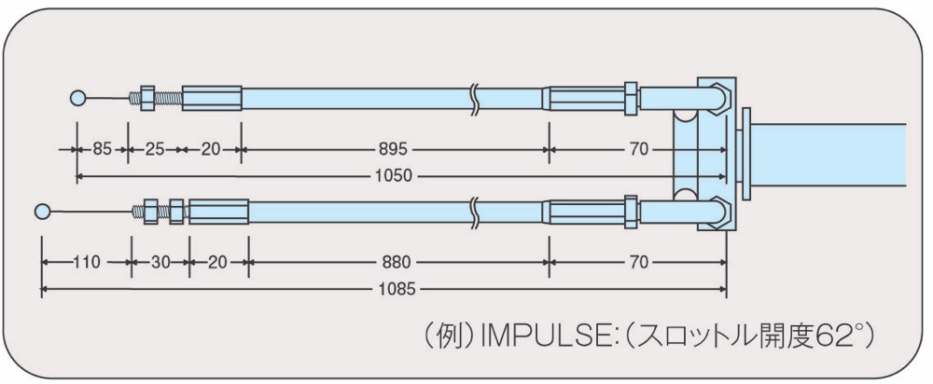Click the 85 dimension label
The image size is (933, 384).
coord(102,148)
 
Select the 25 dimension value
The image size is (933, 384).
coord(155,148)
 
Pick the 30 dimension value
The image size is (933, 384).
coord(160,262)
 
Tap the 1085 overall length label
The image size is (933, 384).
coord(398,290)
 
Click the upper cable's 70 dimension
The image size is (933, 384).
coord(638,148)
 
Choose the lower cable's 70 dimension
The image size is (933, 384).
coord(638,262)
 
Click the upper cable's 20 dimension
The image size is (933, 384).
coord(211,148)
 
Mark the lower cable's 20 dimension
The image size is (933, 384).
coord(217,262)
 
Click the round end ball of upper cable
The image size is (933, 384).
coord(77,98)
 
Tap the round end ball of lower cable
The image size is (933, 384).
coord(42,211)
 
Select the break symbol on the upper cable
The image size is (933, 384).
coord(474,99)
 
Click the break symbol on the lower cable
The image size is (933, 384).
coord(474,213)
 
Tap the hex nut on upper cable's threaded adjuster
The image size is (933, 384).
coord(147,98)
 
